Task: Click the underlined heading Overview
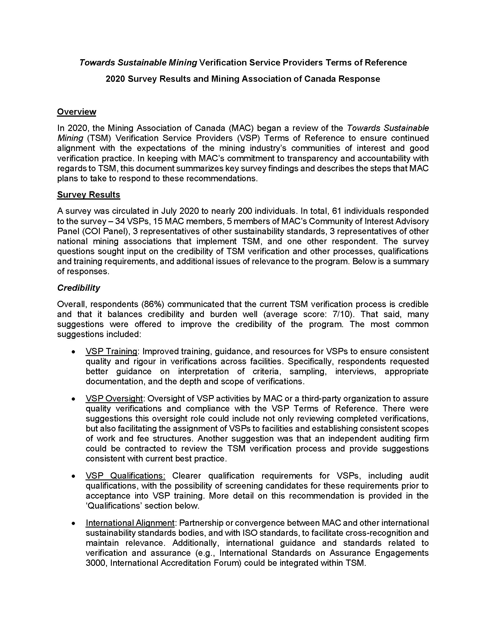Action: (76, 112)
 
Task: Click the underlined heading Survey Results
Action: (88, 195)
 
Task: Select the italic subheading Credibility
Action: (79, 288)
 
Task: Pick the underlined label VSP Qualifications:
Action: (125, 476)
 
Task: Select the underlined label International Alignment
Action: (130, 523)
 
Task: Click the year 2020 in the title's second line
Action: (115, 79)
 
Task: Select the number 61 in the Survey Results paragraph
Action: (336, 211)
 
